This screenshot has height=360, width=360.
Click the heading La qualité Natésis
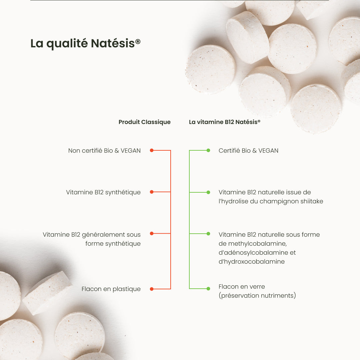(x=85, y=44)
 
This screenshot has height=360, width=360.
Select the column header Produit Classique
(x=144, y=122)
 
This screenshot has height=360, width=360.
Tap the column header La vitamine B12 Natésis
(x=224, y=122)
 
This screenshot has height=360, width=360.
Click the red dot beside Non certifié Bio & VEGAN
(x=152, y=150)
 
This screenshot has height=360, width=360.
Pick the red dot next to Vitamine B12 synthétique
(x=152, y=192)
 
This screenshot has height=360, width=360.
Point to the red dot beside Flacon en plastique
(x=152, y=289)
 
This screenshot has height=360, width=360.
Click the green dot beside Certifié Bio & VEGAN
(x=208, y=150)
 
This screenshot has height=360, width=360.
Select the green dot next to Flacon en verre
(x=208, y=289)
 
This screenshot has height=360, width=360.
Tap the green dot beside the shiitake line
(x=208, y=192)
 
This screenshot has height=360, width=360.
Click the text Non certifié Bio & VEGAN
(x=104, y=151)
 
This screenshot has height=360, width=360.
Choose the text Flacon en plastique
(x=111, y=289)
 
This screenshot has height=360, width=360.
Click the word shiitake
(x=312, y=201)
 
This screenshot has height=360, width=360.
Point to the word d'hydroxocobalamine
(x=251, y=262)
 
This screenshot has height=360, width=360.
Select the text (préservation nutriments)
(x=257, y=296)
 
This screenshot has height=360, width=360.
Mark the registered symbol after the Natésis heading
(x=138, y=42)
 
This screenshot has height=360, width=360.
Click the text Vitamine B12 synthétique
(x=103, y=192)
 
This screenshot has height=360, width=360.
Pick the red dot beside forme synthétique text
(x=152, y=234)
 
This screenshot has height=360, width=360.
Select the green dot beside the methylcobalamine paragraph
(x=208, y=234)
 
